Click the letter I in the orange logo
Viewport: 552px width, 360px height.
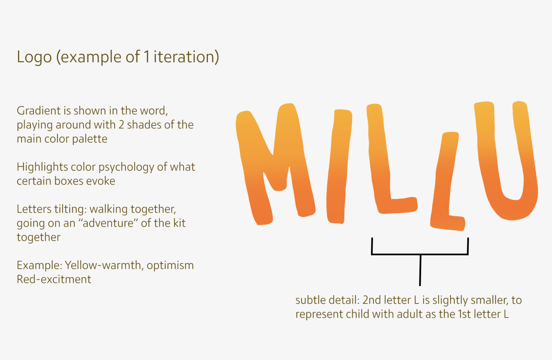tap(339, 166)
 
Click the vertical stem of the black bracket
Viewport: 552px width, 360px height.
tap(420, 270)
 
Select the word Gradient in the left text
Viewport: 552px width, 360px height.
tap(39, 111)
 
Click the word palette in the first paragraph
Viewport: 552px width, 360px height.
tap(90, 139)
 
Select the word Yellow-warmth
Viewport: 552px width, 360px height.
tap(103, 265)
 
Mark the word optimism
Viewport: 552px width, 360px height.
tap(170, 265)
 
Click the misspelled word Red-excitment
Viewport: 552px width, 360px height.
tap(54, 279)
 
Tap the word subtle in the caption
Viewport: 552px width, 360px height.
tap(310, 300)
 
